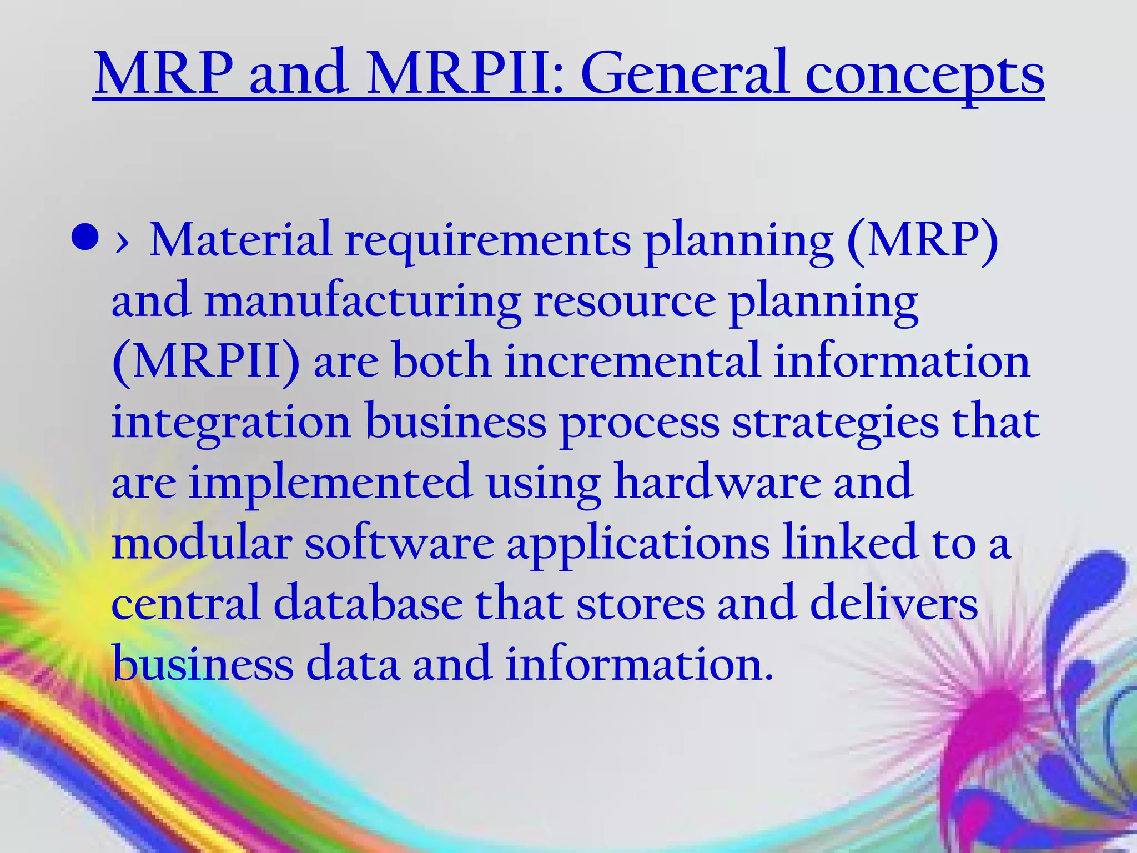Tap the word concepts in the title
click(925, 76)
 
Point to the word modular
click(202, 543)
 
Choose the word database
click(368, 603)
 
